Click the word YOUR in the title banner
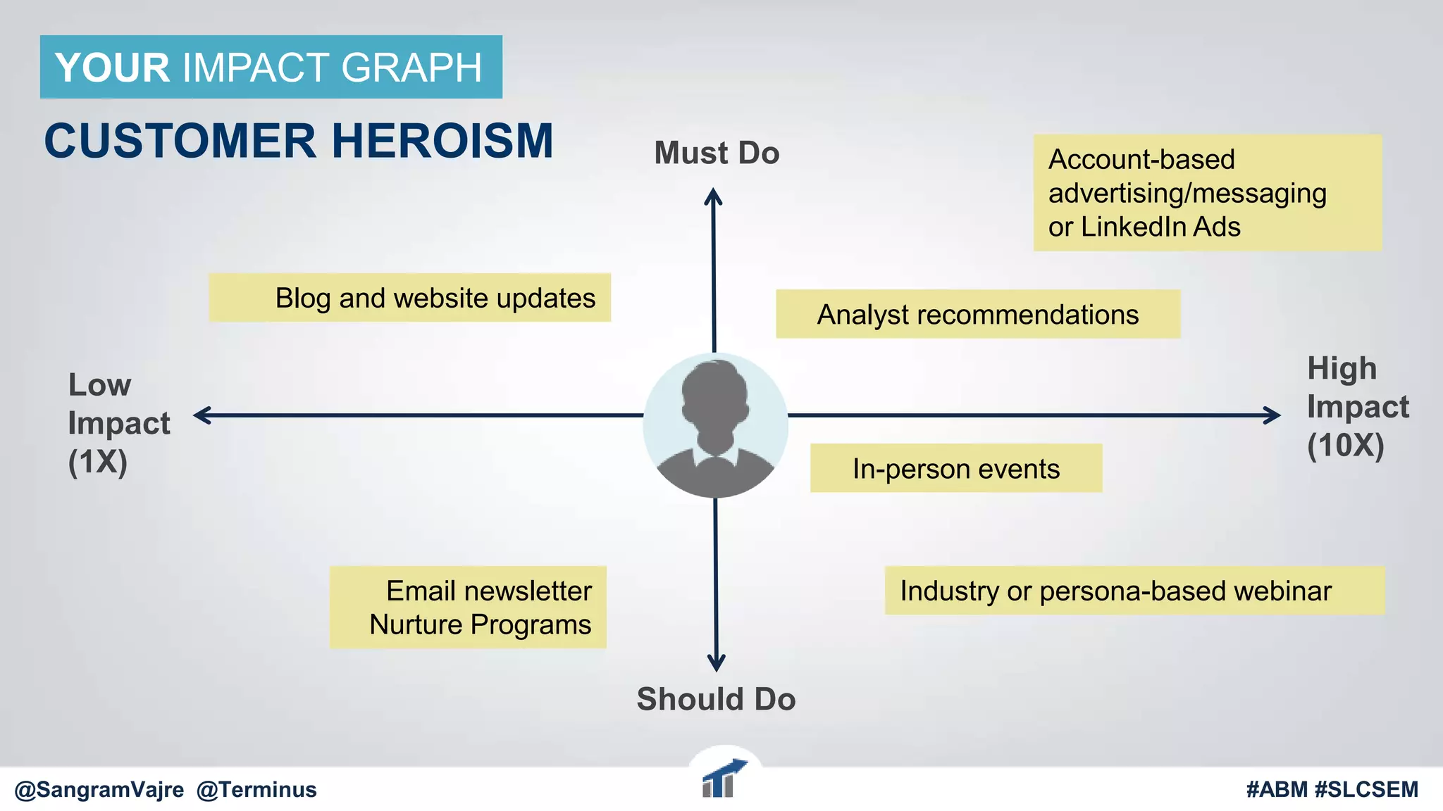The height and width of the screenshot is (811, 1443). (112, 68)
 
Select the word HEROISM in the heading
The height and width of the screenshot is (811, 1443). (442, 141)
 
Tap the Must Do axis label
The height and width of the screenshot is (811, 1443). (717, 153)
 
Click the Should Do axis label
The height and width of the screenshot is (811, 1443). (716, 699)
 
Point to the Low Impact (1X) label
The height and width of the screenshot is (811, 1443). (118, 423)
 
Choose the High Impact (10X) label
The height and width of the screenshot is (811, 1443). (1357, 407)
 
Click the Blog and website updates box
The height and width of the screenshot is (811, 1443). (409, 298)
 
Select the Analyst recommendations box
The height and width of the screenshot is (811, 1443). (977, 314)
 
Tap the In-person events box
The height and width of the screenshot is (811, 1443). (955, 468)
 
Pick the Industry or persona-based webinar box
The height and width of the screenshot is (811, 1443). (1134, 591)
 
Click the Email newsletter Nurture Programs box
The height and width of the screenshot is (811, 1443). (468, 607)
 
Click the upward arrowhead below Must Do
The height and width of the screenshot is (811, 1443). (713, 195)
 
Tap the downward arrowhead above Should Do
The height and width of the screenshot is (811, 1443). (716, 663)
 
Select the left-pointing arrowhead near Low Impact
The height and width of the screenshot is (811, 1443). (202, 415)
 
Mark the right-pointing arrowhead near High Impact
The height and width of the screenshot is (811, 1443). (1272, 415)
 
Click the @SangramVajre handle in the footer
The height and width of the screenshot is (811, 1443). (99, 790)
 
